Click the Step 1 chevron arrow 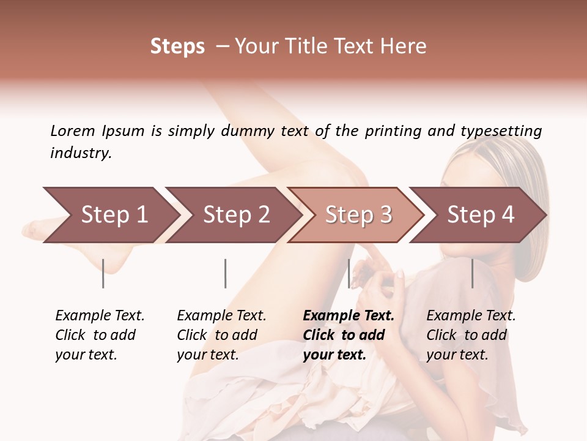coord(114,214)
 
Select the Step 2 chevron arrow coord(236,214)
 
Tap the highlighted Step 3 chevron coord(358,214)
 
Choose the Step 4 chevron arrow coord(481,214)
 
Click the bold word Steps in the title coord(177,47)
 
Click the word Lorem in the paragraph coord(73,130)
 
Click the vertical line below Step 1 coord(103,273)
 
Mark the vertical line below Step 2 coord(226,273)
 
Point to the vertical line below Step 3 coord(349,273)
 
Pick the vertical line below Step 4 coord(472,273)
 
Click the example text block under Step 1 coord(100,335)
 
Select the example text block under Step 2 coord(221,335)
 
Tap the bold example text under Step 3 coord(349,335)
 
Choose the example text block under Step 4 coord(471,335)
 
